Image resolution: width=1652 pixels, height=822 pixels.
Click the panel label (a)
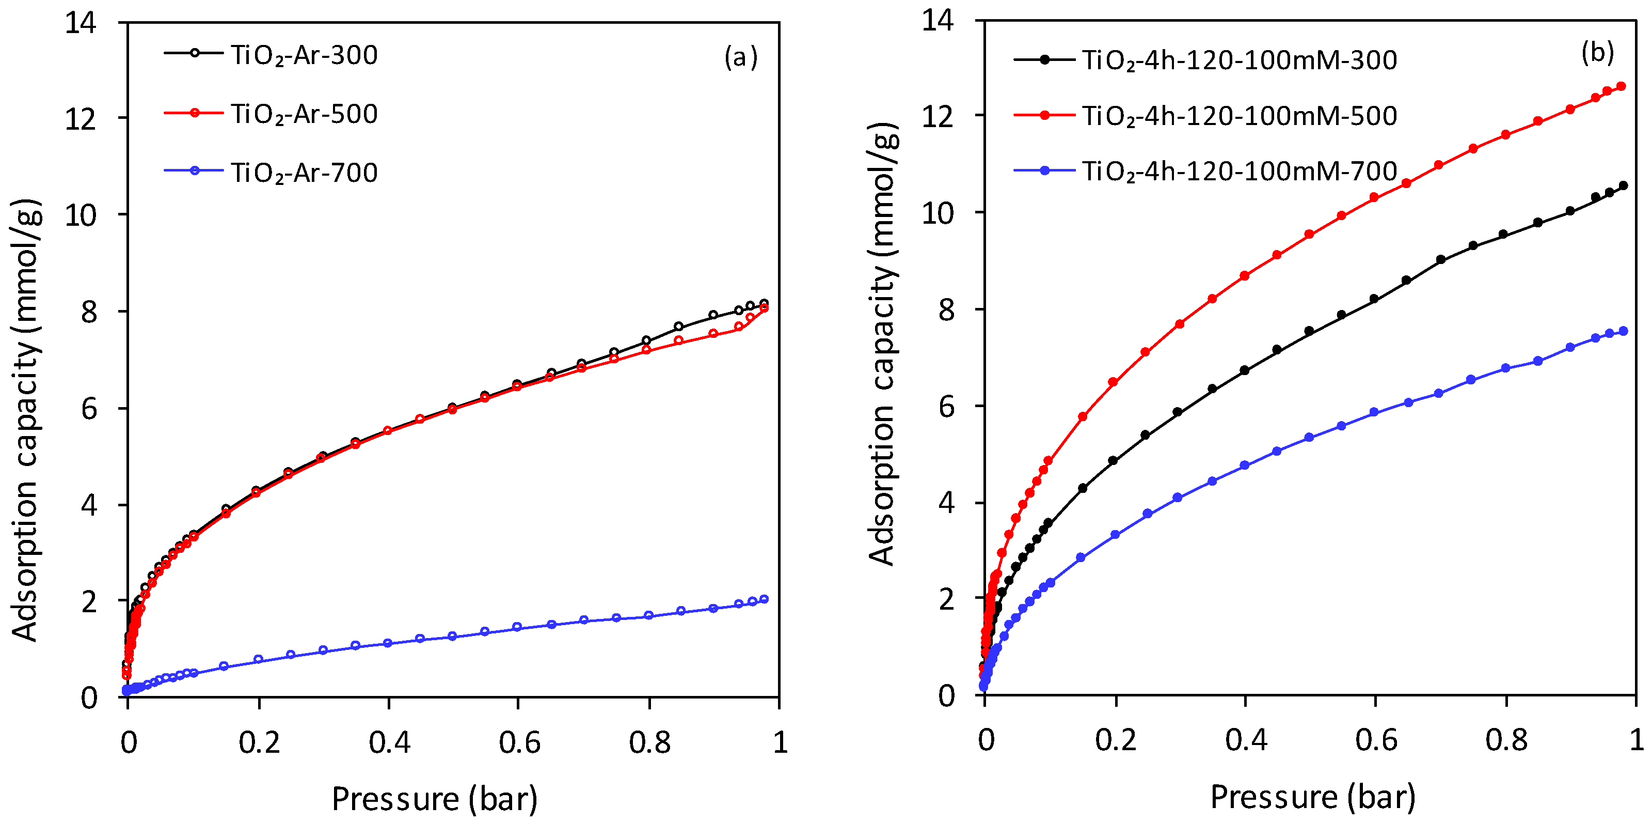[x=741, y=57]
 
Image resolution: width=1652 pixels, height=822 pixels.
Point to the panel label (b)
[x=1597, y=53]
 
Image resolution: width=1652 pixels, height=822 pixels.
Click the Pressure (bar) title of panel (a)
[x=434, y=799]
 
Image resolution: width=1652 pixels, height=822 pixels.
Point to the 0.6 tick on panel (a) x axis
[x=519, y=742]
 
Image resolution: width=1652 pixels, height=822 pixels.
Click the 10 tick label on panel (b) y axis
[x=938, y=213]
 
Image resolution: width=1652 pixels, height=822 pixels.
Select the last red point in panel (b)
[x=1621, y=86]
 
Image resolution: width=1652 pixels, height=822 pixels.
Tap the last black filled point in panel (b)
[x=1623, y=185]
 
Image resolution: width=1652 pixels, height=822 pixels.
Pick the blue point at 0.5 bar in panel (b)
[x=1309, y=438]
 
